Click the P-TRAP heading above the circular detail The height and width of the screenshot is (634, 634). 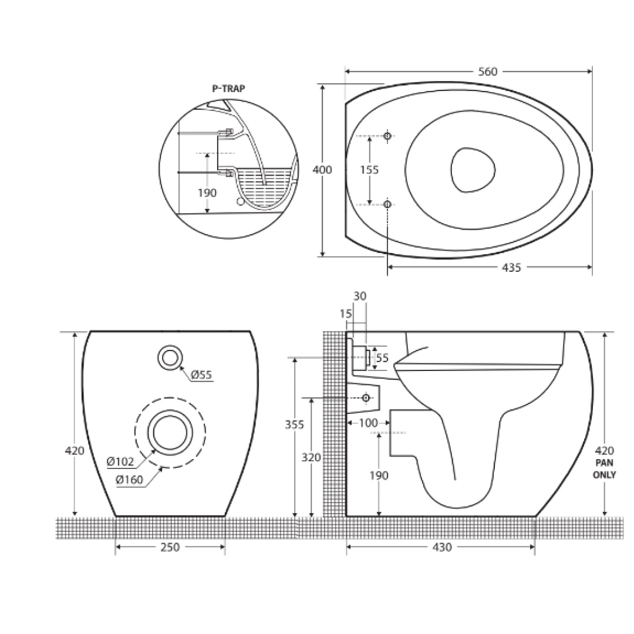228,89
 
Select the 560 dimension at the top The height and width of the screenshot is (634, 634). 487,72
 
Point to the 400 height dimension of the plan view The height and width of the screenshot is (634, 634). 322,170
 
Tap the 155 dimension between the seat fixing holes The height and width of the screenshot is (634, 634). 369,170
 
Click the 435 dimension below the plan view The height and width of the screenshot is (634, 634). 511,268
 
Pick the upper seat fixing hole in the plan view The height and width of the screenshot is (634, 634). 387,136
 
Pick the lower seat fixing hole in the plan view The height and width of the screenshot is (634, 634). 387,204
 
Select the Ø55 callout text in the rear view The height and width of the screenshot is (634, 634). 200,375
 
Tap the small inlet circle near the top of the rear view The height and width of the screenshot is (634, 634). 170,357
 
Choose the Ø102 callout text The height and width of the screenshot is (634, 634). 121,461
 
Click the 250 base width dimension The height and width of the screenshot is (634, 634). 170,547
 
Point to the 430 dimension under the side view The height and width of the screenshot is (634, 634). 441,547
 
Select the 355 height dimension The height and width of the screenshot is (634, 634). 295,424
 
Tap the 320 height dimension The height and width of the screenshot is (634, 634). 311,457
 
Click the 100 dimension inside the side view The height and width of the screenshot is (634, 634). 369,423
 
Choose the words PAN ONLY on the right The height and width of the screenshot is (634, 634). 605,469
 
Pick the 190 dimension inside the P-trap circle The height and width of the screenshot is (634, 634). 207,193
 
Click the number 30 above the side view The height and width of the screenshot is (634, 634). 360,296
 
